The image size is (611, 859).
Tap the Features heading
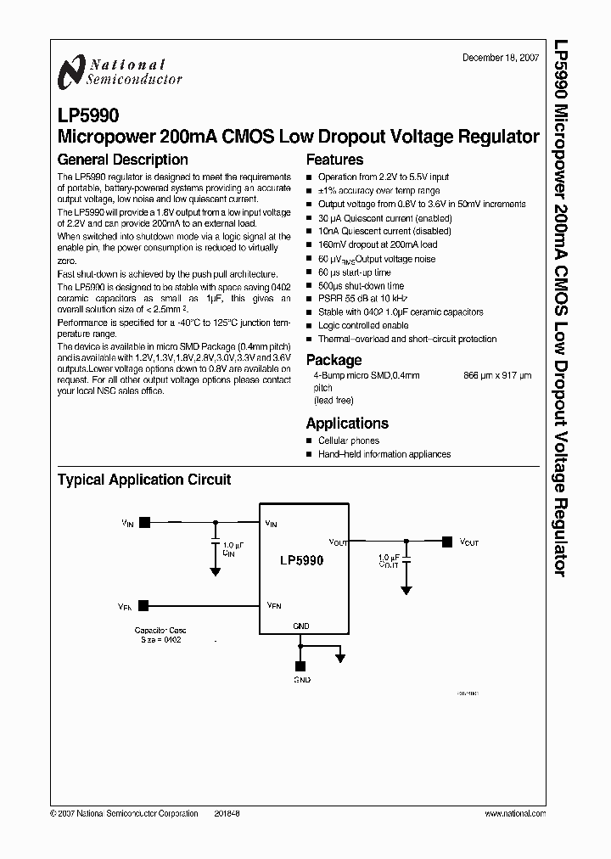pos(334,160)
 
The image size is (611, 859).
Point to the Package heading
pos(334,360)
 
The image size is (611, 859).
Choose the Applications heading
pos(347,423)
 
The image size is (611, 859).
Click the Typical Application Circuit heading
pos(143,480)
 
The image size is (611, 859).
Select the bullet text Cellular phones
pos(348,441)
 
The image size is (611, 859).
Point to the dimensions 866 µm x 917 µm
pos(497,374)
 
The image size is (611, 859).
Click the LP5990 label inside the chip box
pos(301,561)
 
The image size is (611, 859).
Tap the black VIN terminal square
pos(144,524)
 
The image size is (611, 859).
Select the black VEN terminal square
pos(143,605)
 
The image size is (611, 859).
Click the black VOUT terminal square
pos(447,540)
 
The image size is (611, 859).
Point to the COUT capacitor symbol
pos(406,563)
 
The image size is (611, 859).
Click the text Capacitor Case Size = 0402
pos(160,635)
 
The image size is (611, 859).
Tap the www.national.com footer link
pos(514,813)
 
